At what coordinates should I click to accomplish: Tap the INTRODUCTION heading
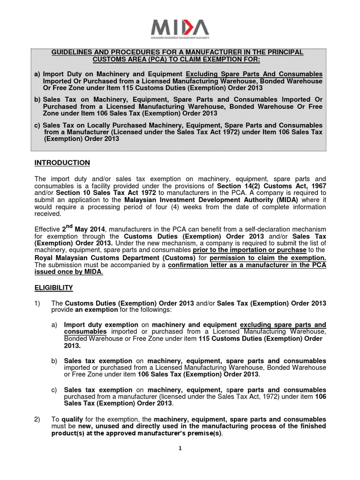click(62, 163)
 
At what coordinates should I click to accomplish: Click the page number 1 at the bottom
click(180, 448)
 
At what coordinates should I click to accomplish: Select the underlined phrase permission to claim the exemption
click(268, 258)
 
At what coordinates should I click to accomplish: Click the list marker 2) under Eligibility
click(38, 419)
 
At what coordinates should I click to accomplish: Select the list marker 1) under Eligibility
click(38, 303)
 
